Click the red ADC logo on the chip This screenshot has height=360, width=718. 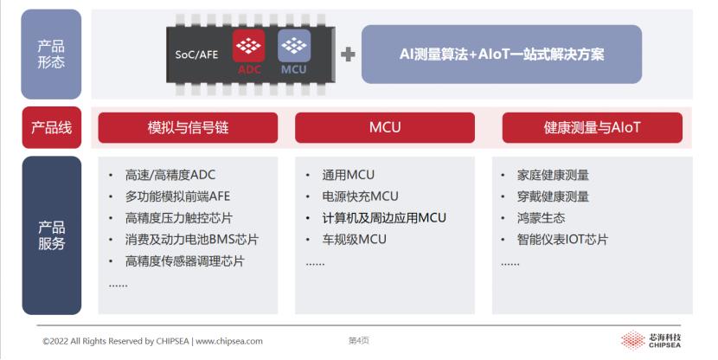250,53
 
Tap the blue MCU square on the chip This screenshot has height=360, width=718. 293,53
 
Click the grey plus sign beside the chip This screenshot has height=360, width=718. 348,55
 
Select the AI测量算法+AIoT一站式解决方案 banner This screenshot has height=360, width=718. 502,55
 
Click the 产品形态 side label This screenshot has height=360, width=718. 51,54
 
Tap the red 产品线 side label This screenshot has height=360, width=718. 51,128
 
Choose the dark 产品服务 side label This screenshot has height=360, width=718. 51,235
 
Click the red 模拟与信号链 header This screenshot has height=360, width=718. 188,128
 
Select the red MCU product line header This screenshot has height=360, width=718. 385,128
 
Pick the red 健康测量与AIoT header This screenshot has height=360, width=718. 592,128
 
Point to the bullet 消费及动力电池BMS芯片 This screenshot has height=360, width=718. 192,240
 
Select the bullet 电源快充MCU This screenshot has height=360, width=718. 360,196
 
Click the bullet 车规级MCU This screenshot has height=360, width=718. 354,240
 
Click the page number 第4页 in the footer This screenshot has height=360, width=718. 359,341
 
